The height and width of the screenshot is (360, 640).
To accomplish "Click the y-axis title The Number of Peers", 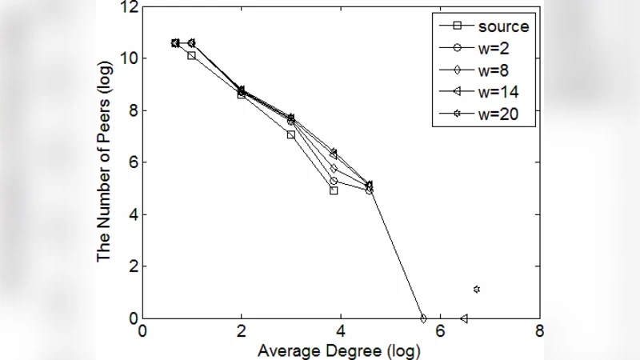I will click(104, 162).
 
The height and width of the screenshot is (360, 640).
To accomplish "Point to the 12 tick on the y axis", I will click(129, 8).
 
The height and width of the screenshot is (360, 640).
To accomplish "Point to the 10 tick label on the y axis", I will click(129, 58).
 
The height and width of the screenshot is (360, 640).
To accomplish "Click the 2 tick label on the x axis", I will click(242, 331).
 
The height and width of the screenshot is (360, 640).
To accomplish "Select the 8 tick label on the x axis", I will click(539, 331).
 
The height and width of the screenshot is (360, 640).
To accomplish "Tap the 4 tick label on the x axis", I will click(341, 331).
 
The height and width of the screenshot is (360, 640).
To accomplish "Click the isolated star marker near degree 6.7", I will click(477, 289).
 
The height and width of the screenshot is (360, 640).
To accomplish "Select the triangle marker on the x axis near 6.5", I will click(464, 318).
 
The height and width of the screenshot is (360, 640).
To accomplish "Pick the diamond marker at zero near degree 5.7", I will click(423, 318).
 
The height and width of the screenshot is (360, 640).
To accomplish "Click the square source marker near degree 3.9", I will click(334, 190).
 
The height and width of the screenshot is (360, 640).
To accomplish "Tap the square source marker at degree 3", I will click(291, 134).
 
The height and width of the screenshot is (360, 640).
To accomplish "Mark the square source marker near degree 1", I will click(191, 55).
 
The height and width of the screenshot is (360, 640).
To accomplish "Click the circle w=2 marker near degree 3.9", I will click(334, 181).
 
